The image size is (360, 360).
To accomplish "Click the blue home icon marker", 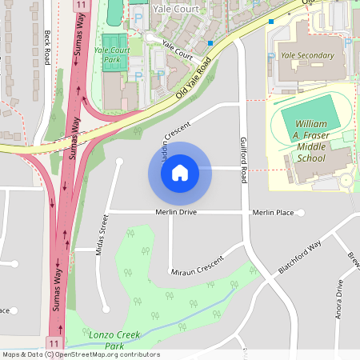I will pyautogui.click(x=180, y=172).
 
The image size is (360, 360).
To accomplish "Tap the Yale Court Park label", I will pyautogui.click(x=112, y=54).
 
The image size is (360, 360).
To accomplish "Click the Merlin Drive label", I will pyautogui.click(x=176, y=213).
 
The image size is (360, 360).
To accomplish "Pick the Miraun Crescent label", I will pyautogui.click(x=197, y=273).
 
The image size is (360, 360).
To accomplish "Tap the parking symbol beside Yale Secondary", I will pyautogui.click(x=271, y=57).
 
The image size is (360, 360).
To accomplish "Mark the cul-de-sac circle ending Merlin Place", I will pyautogui.click(x=302, y=213).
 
